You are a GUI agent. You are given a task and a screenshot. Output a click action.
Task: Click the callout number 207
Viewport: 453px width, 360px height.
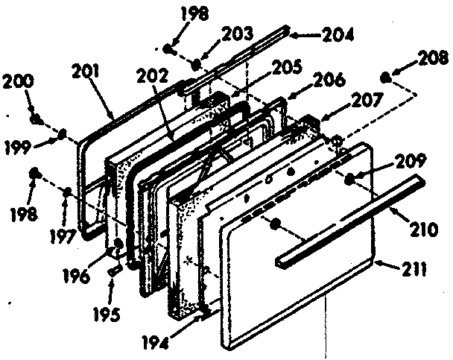(x=352, y=99)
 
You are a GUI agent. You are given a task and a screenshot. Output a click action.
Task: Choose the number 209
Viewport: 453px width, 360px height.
(x=411, y=160)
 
